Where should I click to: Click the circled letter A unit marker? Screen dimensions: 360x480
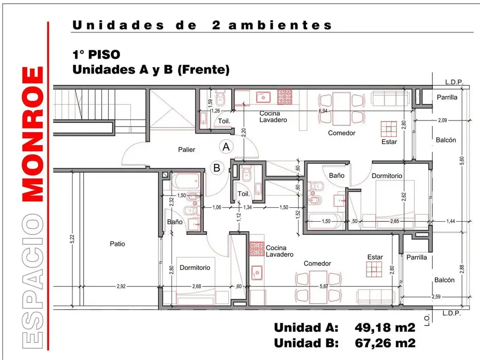[226, 147]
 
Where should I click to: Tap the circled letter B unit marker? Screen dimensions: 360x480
[217, 167]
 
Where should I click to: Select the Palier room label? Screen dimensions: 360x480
[186, 150]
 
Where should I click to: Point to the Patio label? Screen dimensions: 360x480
[117, 244]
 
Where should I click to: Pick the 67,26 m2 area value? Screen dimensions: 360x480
[385, 343]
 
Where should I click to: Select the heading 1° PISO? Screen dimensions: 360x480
[93, 55]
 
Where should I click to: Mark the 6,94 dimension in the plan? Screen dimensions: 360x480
[322, 111]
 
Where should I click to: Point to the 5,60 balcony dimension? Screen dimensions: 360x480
[462, 160]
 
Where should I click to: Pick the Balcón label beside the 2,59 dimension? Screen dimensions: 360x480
[444, 280]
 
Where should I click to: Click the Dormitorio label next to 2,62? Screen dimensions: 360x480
[387, 176]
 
